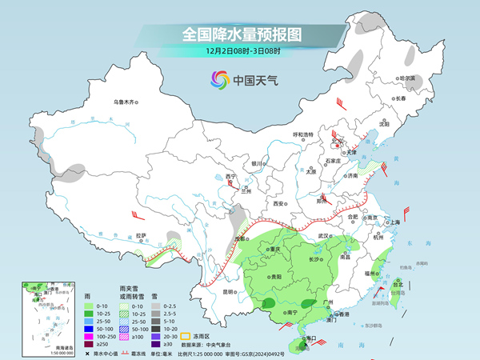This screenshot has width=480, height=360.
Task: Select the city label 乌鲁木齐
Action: click(125, 102)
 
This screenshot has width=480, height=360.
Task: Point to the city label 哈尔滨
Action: click(407, 78)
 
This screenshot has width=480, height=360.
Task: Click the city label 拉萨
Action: click(142, 235)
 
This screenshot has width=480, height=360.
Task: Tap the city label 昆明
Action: click(230, 291)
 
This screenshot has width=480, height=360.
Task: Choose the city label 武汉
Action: click(323, 236)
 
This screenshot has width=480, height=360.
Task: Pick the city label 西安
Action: click(279, 204)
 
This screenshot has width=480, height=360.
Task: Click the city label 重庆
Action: click(276, 249)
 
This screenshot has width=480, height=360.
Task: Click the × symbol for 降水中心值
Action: click(86, 353)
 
